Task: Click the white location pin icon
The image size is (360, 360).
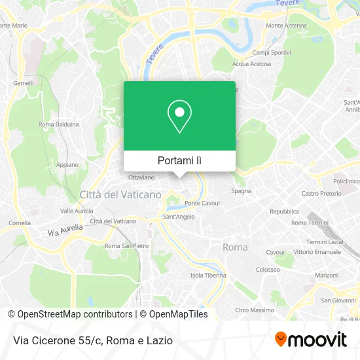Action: tap(179, 117)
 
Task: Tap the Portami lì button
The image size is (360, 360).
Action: tap(179, 160)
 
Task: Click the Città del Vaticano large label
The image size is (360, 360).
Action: tap(120, 194)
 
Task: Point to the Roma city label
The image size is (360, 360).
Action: tap(236, 247)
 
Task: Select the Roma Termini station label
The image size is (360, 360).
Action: tap(309, 223)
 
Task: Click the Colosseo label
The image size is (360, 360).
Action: tap(268, 269)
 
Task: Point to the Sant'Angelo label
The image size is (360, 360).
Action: tap(177, 217)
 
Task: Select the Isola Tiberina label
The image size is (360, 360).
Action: tap(207, 276)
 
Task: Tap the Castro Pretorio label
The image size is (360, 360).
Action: tap(321, 194)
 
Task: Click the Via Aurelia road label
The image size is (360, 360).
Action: tap(65, 230)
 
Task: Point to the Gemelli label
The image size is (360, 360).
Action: tap(24, 83)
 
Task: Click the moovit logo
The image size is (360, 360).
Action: tap(310, 339)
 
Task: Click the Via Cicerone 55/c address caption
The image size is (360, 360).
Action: tap(91, 340)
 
